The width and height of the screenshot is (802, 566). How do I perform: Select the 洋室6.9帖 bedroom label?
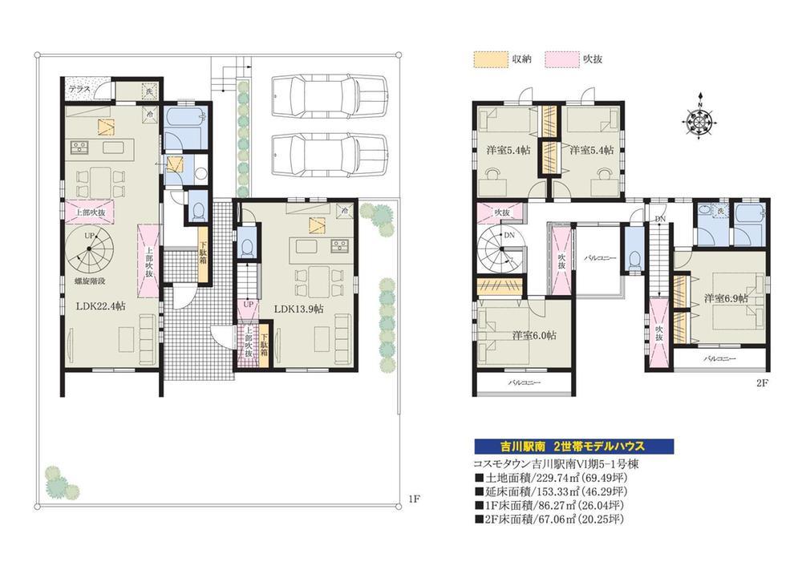tap(726, 298)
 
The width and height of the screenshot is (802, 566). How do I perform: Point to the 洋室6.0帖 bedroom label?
tap(534, 335)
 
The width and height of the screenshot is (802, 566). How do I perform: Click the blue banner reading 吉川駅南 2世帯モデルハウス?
tap(571, 447)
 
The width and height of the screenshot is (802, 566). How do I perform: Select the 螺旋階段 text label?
tap(91, 281)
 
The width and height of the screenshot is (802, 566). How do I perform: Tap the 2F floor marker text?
tap(761, 382)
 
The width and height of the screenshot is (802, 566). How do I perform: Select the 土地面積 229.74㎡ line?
tap(552, 478)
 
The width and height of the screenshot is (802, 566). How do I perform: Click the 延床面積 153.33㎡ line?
tap(552, 491)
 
